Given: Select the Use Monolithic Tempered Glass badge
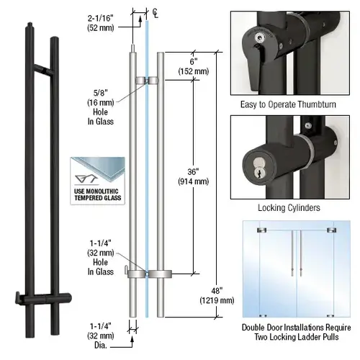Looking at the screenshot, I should point(96,179).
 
